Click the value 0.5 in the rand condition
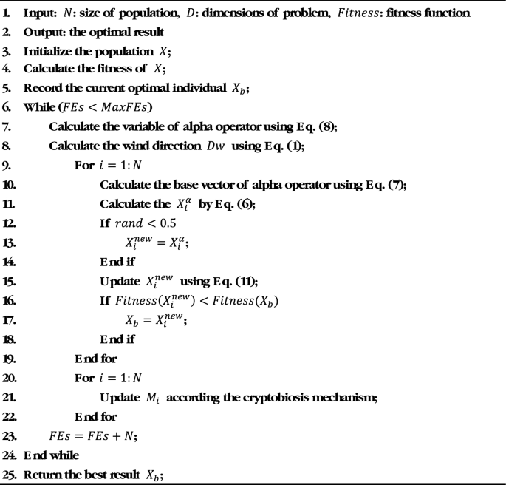click(167, 220)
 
